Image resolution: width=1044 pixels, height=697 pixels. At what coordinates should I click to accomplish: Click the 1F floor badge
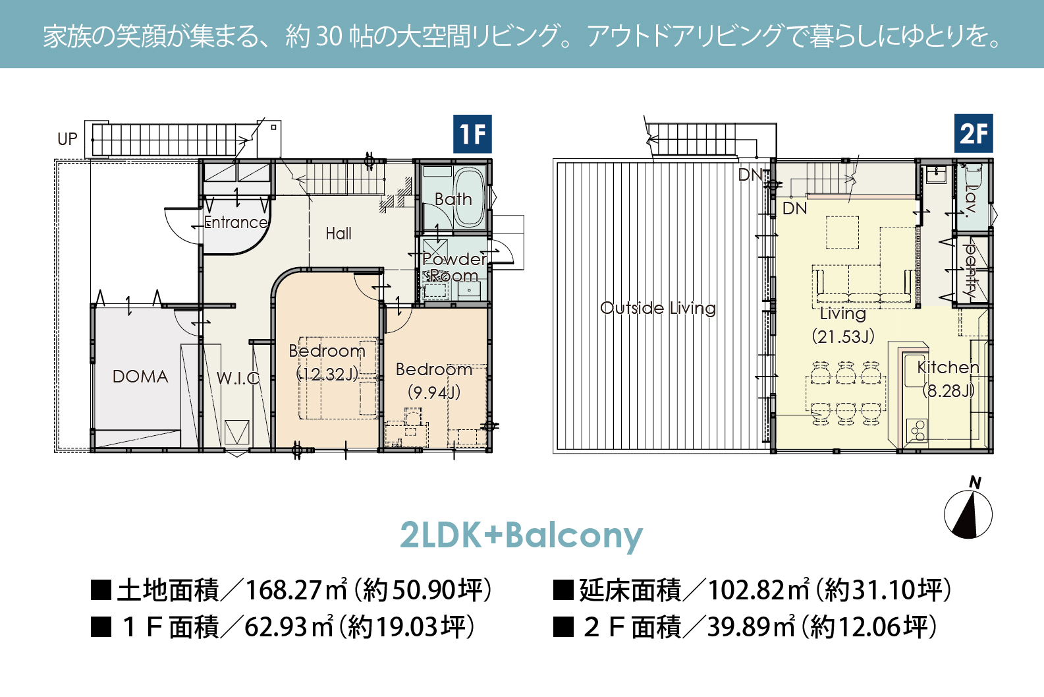[x=472, y=134]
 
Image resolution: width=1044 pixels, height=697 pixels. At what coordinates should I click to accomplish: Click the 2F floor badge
[x=974, y=133]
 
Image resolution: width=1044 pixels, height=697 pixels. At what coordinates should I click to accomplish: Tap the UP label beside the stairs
[x=67, y=139]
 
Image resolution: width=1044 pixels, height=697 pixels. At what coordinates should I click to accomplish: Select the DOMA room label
[x=140, y=377]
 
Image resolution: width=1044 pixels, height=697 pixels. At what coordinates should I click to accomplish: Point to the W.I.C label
[x=238, y=378]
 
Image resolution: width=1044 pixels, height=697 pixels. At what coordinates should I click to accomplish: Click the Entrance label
[x=236, y=222]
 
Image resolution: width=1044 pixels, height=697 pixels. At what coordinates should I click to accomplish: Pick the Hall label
[x=339, y=233]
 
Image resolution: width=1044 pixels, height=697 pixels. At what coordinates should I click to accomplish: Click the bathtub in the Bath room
[x=470, y=198]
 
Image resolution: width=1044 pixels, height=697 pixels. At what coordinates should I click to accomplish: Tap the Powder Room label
[x=454, y=267]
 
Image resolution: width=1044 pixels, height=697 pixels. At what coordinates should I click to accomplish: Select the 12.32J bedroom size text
[x=328, y=374]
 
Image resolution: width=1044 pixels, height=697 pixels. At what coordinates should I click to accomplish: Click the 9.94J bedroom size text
[x=434, y=393]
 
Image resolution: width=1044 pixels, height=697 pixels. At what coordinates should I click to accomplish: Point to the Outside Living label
[x=658, y=308]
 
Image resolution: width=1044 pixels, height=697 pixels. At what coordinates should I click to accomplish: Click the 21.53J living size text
[x=843, y=336]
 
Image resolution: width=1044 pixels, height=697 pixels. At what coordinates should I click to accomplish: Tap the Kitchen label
[x=948, y=368]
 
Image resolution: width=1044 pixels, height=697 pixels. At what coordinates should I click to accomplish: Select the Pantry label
[x=970, y=271]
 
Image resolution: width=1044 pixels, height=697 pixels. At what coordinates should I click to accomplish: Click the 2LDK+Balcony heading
[x=522, y=535]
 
